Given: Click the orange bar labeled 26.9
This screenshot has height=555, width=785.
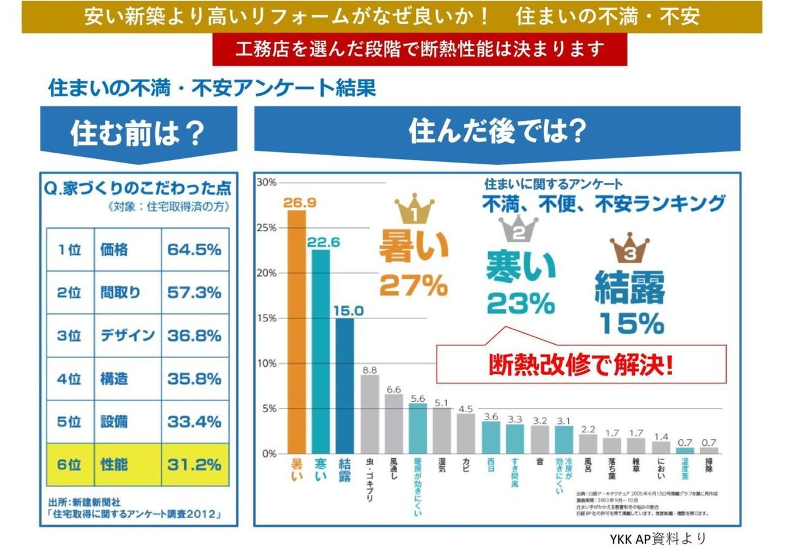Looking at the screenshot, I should tap(297, 332).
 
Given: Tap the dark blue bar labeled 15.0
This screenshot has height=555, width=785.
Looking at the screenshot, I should tap(345, 386).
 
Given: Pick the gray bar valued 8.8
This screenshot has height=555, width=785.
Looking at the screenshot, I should tap(369, 414).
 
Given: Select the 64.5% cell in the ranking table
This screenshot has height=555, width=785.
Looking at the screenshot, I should tap(194, 250).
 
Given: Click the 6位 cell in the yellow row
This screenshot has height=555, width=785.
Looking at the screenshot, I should tap(69, 464).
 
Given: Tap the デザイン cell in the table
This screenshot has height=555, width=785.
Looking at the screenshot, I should tap(128, 335).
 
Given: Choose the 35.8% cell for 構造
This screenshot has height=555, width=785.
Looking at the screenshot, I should tap(194, 378).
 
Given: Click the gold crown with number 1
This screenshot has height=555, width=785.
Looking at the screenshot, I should tap(414, 209).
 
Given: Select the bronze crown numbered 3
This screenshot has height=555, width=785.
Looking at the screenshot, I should tap(630, 249).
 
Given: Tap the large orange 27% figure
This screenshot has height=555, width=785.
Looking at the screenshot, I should tap(413, 285).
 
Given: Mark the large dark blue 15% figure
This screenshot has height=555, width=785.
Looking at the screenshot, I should tap(631, 323).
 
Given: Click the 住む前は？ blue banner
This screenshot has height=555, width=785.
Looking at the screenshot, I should tap(138, 134).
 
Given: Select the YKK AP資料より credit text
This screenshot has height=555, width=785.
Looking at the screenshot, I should tap(657, 539).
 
